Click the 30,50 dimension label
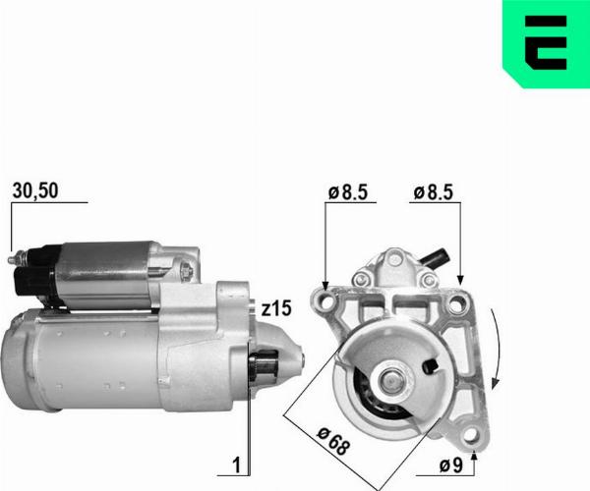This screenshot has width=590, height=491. [x=33, y=191]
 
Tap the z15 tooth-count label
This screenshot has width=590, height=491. [x=277, y=307]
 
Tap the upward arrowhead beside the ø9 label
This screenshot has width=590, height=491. [x=476, y=453]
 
